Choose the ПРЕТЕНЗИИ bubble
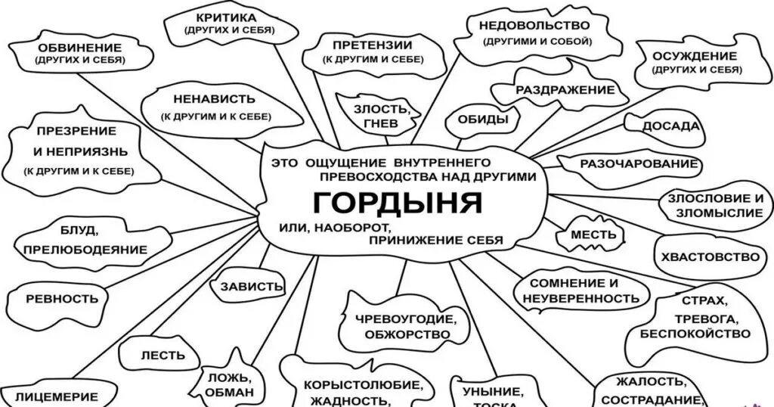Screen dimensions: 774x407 point(377,51)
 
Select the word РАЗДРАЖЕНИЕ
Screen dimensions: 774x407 point(565,90)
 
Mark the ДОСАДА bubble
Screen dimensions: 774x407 point(670,127)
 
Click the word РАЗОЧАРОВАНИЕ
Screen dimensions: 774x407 point(638,163)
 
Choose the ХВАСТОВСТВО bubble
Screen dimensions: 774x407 point(709,256)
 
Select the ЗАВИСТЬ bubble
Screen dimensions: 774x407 point(251,287)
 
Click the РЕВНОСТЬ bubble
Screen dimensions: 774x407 point(62,298)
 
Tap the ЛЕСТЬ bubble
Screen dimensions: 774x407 point(159,355)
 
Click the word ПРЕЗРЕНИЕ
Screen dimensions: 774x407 point(75,131)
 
